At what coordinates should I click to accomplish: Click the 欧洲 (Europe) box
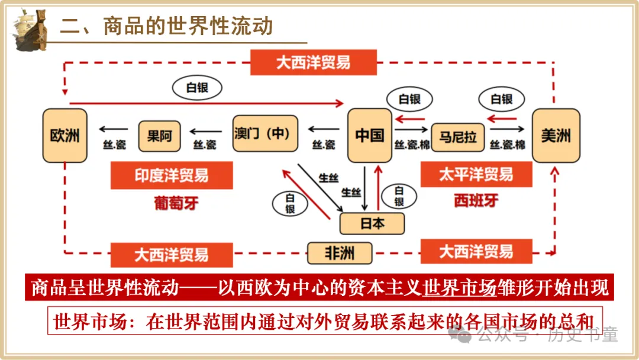click(x=65, y=136)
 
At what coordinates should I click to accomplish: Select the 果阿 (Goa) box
click(x=160, y=136)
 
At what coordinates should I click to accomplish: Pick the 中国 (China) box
click(x=370, y=136)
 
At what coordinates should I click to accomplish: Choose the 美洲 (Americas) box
click(x=556, y=136)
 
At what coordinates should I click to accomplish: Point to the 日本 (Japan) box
click(x=372, y=223)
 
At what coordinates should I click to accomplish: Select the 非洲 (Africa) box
click(x=340, y=253)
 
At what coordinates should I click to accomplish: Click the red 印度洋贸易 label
click(x=172, y=176)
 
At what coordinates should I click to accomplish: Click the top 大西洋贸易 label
click(x=313, y=62)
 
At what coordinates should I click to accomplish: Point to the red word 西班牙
click(x=476, y=201)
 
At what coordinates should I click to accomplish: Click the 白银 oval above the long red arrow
click(x=197, y=88)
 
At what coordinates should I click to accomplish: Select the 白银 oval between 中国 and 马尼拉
click(x=409, y=99)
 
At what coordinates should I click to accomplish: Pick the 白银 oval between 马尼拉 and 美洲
click(x=501, y=99)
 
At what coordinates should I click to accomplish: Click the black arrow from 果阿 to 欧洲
click(x=113, y=128)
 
